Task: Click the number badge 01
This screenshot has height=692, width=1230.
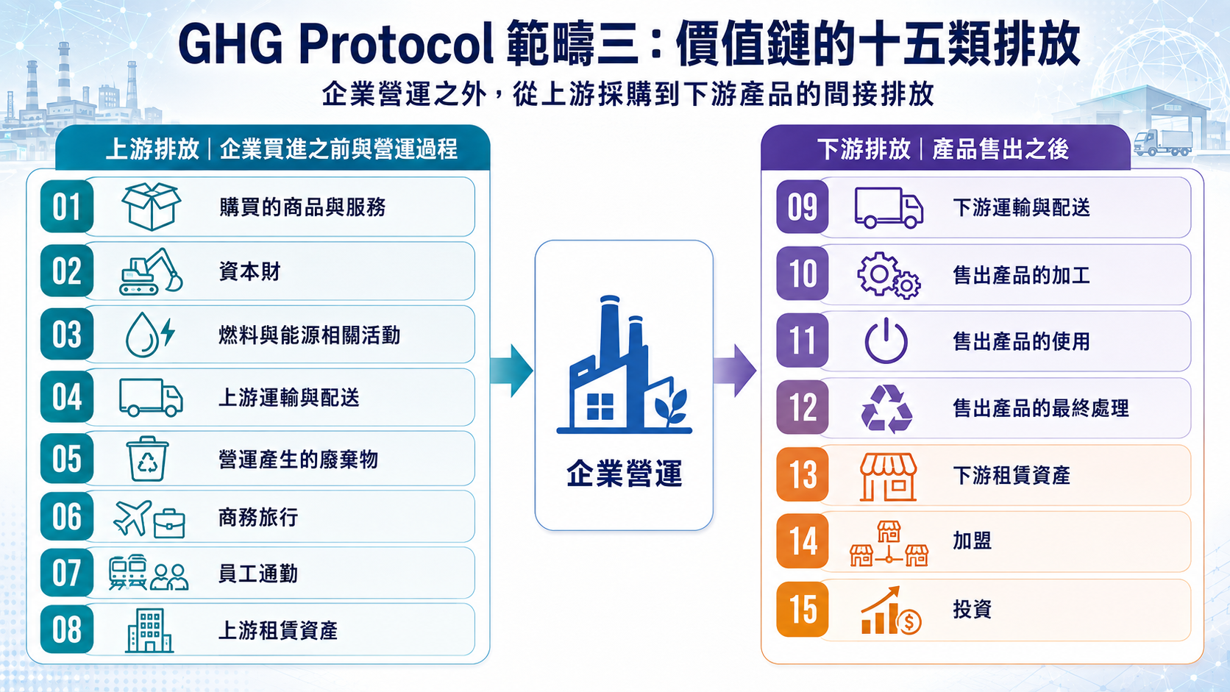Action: point(66,207)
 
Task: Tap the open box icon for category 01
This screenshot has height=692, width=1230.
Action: point(151,207)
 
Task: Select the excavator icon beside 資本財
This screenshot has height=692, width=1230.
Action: point(151,271)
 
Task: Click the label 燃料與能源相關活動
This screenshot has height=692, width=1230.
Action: point(309,335)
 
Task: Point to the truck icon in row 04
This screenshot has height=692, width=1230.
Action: point(151,397)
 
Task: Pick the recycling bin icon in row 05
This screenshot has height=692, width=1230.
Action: point(147,459)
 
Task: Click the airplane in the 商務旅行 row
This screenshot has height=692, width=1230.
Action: point(132,518)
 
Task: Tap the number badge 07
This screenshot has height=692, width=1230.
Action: point(66,573)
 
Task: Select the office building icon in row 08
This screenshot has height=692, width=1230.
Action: point(149,630)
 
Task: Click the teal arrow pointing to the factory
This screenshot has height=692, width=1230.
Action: point(511,371)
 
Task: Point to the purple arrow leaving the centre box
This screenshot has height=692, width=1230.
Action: point(735,371)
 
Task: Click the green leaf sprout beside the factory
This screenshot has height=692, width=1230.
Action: point(671,407)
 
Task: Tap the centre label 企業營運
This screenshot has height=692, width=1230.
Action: point(625,473)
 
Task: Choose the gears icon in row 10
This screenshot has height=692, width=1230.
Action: point(889,276)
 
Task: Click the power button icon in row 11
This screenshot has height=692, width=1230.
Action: point(886,340)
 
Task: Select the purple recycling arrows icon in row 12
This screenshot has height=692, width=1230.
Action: point(886,408)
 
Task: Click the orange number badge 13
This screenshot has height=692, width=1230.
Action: point(803,474)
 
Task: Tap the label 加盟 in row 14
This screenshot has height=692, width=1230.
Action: point(972,541)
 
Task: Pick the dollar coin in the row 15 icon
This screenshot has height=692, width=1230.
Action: point(909,622)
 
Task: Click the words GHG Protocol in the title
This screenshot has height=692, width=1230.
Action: point(336,44)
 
